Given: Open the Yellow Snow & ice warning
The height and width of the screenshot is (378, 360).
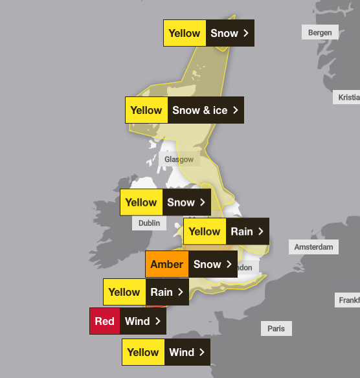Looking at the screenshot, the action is (x=185, y=110).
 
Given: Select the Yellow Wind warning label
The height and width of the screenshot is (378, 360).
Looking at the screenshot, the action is (x=166, y=352).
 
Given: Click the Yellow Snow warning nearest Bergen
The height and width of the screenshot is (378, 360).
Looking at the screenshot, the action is (x=208, y=33).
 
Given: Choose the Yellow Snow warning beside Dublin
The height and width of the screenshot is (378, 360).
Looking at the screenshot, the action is (x=165, y=202).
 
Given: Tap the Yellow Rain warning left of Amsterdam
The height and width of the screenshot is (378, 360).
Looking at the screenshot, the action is (x=226, y=231).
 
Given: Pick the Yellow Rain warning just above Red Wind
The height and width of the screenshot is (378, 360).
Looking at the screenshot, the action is (x=146, y=292).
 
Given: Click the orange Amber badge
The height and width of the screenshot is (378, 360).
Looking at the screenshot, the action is (x=167, y=264).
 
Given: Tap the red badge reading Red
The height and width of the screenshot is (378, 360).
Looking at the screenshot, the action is (x=105, y=321).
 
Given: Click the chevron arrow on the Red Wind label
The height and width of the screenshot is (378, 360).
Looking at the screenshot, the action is (x=157, y=321).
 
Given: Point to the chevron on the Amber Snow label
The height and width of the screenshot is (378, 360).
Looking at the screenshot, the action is (x=229, y=264).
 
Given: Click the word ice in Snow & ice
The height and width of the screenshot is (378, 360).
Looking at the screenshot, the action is (x=220, y=110).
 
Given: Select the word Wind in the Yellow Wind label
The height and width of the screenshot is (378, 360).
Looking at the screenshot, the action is (x=181, y=352).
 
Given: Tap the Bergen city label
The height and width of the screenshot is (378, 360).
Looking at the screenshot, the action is (x=320, y=32).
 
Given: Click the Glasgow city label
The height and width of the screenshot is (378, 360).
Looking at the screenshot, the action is (x=179, y=159).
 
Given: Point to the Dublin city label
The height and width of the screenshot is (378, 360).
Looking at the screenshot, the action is (x=148, y=223).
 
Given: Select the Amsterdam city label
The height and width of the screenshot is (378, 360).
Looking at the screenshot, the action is (x=313, y=247).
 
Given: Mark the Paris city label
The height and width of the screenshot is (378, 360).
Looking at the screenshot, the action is (x=276, y=329).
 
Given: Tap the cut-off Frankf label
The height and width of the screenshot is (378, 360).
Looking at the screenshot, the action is (x=349, y=300).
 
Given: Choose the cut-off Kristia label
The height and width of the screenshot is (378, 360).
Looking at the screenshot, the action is (x=348, y=98).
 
